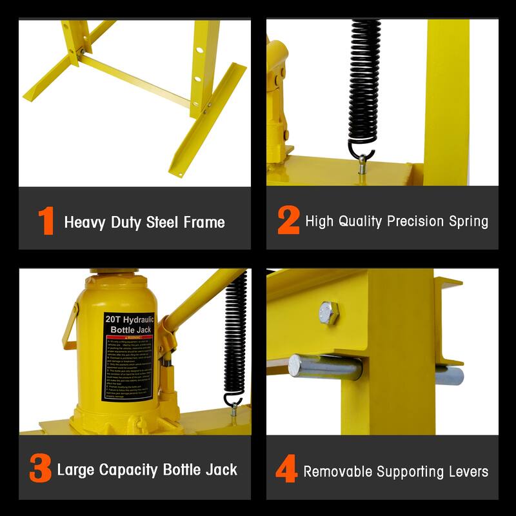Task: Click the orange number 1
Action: (x=46, y=222)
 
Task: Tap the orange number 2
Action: (x=288, y=221)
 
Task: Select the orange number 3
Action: (x=40, y=470)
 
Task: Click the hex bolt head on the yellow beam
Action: (x=328, y=313)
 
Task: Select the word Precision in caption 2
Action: (x=415, y=222)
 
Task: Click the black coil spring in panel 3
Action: (x=235, y=335)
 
